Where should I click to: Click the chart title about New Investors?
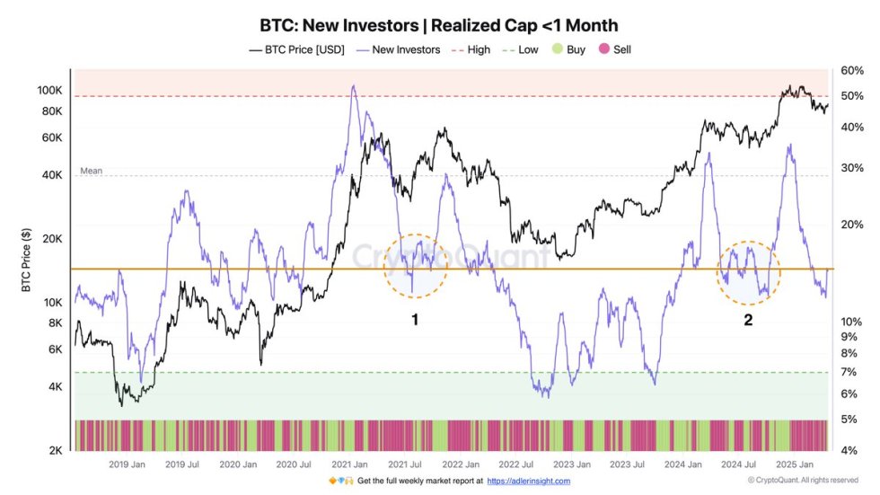click(439, 25)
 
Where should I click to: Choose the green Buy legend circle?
click(557, 49)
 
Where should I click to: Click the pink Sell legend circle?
click(603, 49)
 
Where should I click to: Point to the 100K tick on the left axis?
click(49, 91)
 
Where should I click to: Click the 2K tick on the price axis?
click(54, 450)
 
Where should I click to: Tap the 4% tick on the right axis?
click(849, 450)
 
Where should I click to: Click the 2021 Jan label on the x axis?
click(348, 464)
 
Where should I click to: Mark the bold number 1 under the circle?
click(415, 319)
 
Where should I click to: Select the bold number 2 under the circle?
click(748, 319)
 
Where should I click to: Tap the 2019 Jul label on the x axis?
click(181, 464)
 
